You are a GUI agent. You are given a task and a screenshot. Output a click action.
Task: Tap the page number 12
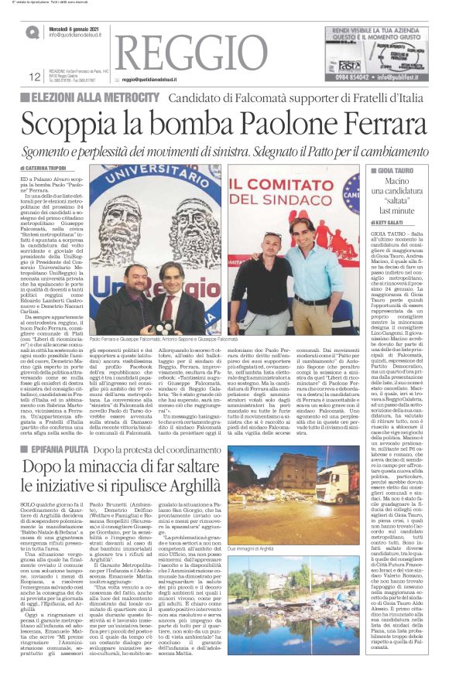click(33, 77)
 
